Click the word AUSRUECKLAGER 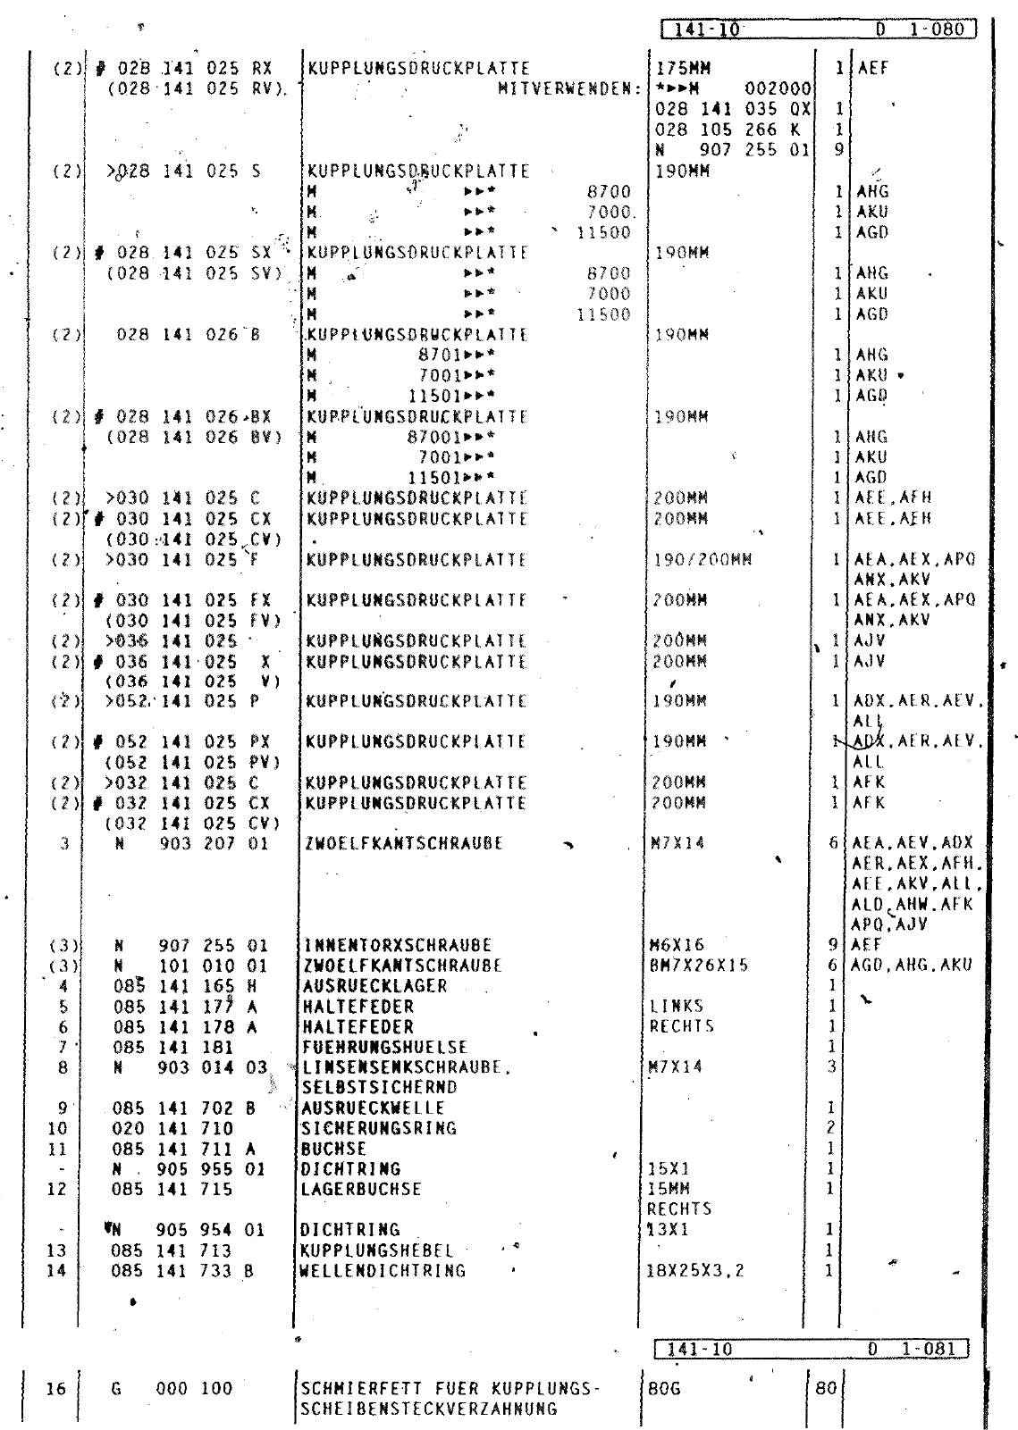coord(374,986)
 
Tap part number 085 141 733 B coord(183,1271)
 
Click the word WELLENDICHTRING coord(383,1271)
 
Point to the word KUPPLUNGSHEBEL coord(377,1250)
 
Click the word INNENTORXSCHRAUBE coord(399,945)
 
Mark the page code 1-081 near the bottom coord(931,1349)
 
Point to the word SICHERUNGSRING coord(380,1128)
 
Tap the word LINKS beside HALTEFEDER coord(677,1007)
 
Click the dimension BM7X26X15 coord(699,966)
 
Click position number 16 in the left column coord(56,1389)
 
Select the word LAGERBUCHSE coord(362,1189)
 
